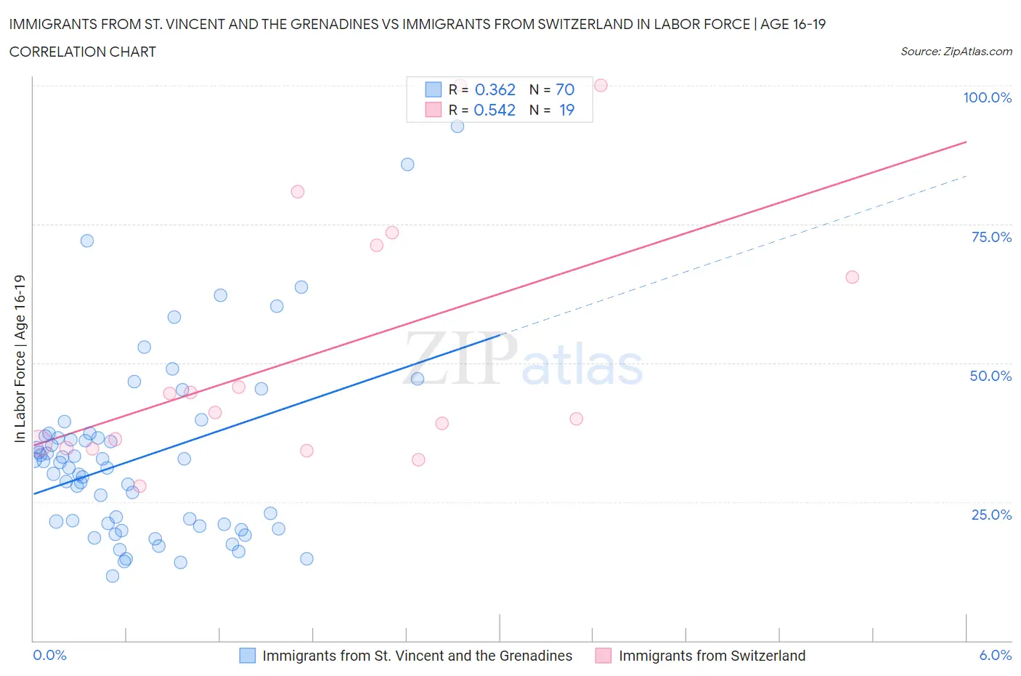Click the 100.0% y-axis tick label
[987, 97]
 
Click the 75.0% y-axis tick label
[991, 237]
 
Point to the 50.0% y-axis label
[991, 376]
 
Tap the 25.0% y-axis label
[991, 515]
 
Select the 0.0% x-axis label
[49, 655]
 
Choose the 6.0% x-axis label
[995, 655]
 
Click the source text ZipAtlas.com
[956, 51]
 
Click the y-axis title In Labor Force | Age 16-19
[20, 358]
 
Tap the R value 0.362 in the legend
[495, 89]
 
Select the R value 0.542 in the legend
[495, 110]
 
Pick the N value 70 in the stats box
[565, 89]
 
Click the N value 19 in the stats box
[566, 110]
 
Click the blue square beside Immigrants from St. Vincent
[248, 656]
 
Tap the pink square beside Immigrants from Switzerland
[603, 656]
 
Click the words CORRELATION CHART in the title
[83, 52]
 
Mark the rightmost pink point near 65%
[853, 277]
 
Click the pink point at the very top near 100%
[601, 85]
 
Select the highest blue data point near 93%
[457, 126]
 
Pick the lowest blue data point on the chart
[113, 576]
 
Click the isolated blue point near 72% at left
[87, 241]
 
